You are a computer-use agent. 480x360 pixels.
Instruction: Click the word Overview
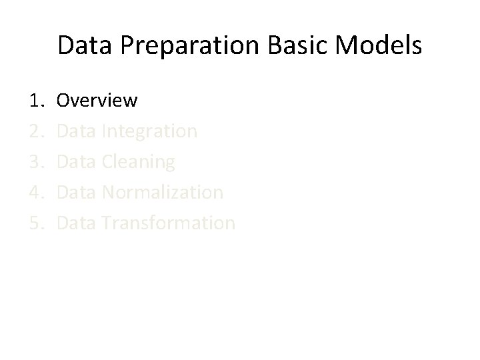click(x=97, y=101)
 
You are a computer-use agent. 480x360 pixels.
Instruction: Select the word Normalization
click(x=163, y=193)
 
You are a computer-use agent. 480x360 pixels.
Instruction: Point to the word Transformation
click(x=169, y=223)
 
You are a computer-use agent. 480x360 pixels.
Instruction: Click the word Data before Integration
click(x=77, y=131)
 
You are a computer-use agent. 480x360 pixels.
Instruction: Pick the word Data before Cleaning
click(x=77, y=162)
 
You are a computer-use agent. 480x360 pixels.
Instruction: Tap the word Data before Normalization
click(x=77, y=193)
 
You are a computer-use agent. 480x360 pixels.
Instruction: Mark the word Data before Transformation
click(x=77, y=223)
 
